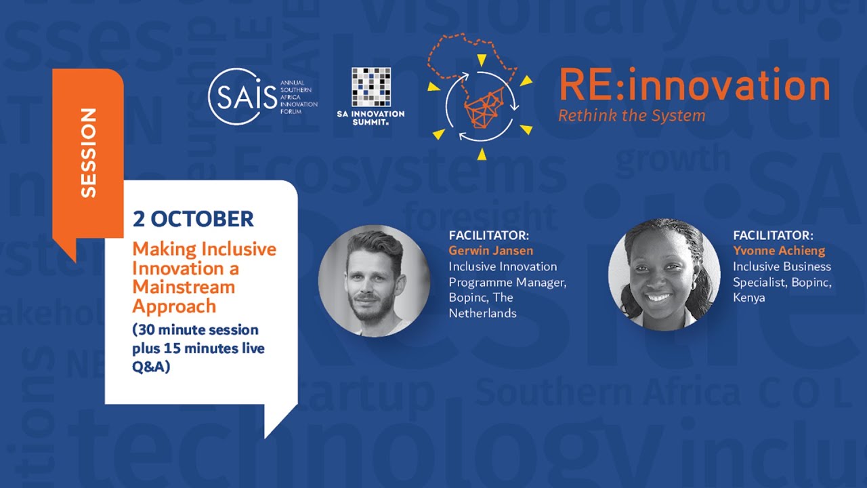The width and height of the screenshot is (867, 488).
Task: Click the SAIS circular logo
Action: (x=234, y=97)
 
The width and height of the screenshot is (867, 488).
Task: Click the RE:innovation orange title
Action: (x=694, y=87)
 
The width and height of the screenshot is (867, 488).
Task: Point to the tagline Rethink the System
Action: (x=631, y=115)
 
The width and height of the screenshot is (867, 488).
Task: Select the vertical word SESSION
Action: (x=88, y=152)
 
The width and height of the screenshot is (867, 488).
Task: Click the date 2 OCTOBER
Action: (x=193, y=219)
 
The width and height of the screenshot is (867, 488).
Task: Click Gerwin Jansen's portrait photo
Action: (x=374, y=281)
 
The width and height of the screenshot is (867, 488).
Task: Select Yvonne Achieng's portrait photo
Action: (x=664, y=274)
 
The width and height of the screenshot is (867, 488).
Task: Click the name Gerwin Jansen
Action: (x=491, y=251)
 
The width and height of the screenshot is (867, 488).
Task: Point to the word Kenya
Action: (x=749, y=298)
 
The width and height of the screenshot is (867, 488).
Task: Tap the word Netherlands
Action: (x=482, y=313)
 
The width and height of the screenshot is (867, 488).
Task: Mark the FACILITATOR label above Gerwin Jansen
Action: (x=489, y=235)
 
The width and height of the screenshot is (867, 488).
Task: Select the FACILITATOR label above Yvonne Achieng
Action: (x=774, y=235)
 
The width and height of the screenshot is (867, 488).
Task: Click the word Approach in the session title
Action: (x=174, y=306)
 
